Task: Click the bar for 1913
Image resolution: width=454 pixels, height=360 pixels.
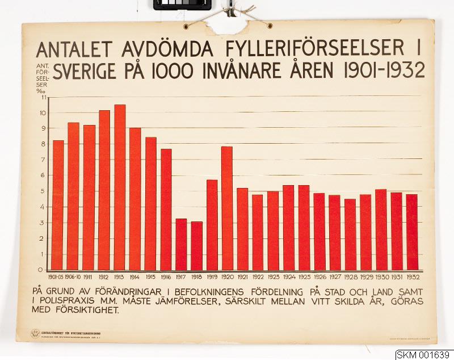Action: click(x=120, y=187)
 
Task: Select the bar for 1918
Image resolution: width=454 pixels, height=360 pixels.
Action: click(x=196, y=246)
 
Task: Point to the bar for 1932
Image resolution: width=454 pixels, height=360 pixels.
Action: click(x=411, y=232)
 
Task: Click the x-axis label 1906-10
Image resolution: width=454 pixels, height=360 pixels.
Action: click(x=73, y=277)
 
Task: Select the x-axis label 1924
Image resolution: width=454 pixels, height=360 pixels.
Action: click(x=288, y=277)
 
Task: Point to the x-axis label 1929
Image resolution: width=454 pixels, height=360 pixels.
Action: click(x=365, y=277)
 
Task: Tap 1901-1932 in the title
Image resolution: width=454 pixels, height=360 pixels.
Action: click(x=383, y=71)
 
